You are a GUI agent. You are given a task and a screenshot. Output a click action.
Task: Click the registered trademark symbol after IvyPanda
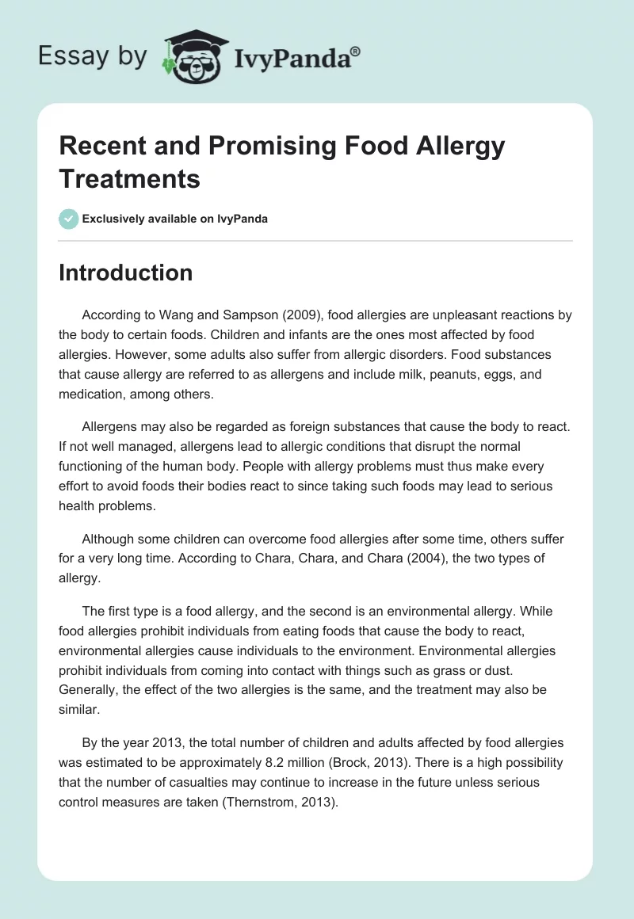coord(356,51)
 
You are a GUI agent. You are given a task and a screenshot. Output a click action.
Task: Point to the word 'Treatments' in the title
coord(129,178)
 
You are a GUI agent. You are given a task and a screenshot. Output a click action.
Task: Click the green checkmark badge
coord(69,219)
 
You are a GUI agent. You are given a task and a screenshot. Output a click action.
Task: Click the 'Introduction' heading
coord(125,273)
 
